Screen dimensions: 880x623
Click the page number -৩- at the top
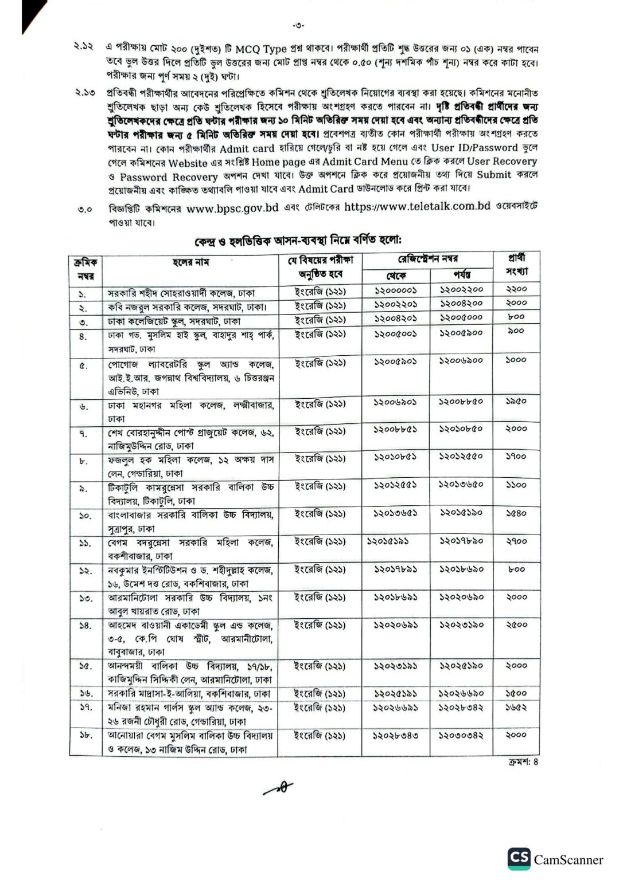298,25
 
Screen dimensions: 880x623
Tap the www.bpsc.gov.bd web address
232,209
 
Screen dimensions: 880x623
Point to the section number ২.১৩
84,92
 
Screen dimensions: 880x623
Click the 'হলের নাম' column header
191,262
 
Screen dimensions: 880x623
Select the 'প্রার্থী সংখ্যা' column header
516,265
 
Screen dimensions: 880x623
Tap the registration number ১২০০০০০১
396,290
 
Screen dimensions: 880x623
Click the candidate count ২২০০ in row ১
516,289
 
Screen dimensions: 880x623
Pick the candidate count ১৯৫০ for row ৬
516,402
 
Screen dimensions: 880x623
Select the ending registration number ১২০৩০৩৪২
462,735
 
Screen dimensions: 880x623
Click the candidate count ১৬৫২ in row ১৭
516,707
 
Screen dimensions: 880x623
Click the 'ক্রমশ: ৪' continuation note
523,763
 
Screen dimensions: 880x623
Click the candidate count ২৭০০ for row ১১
516,541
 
